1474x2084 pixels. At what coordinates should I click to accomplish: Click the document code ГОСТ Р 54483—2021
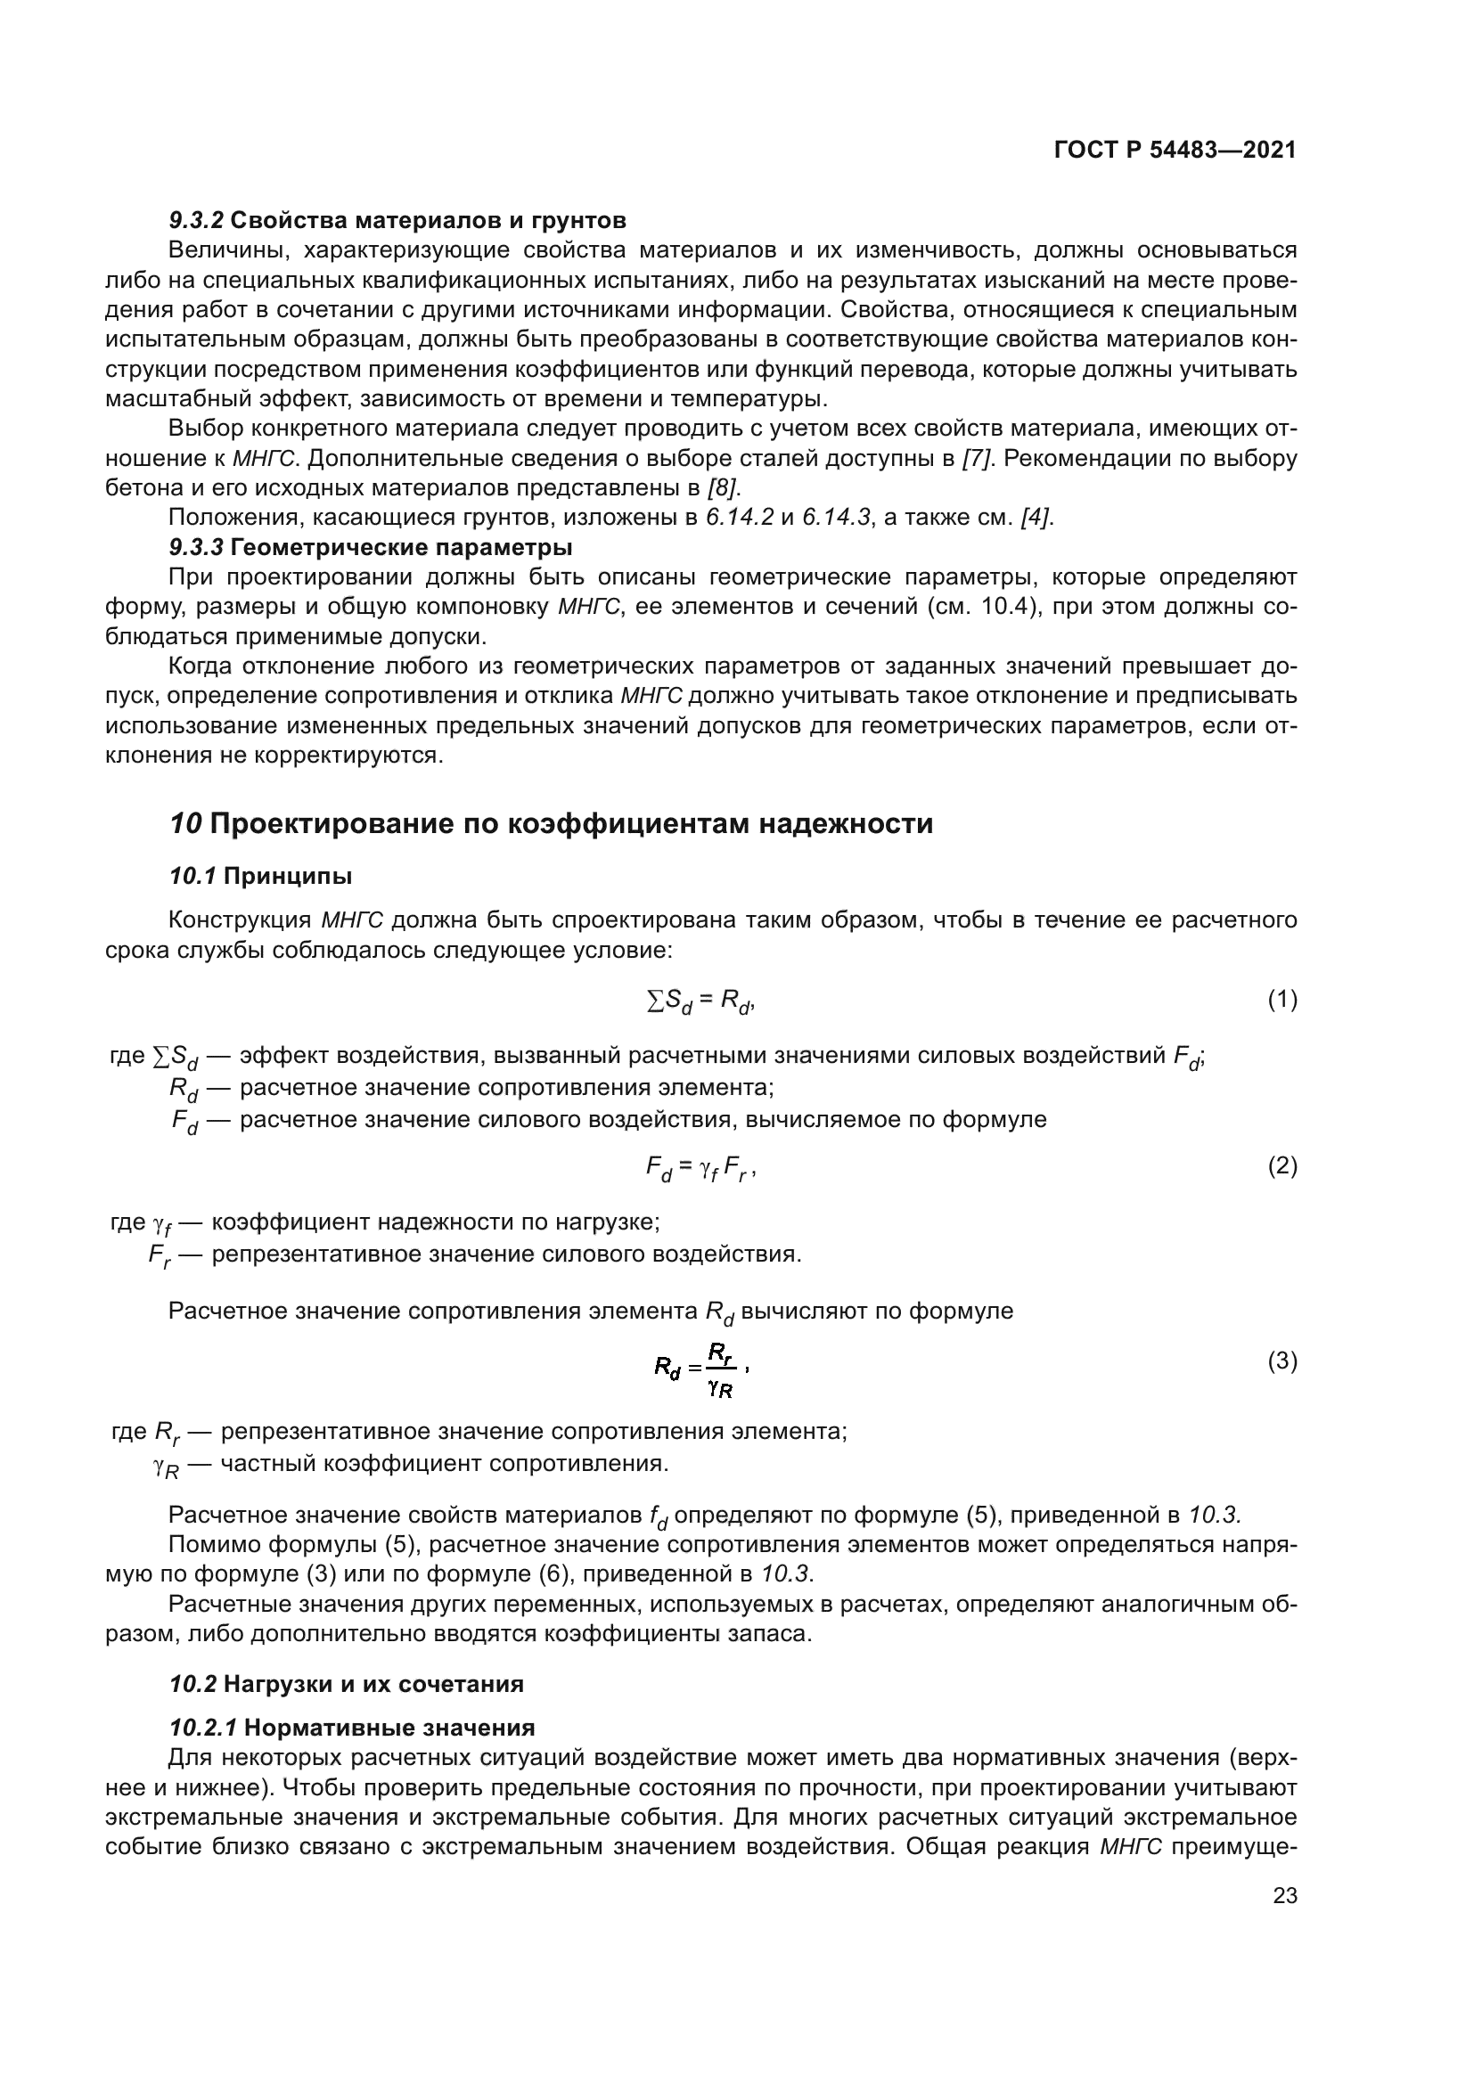point(1175,150)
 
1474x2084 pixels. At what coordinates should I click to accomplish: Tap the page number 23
point(1284,1895)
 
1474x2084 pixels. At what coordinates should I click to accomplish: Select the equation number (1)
point(1282,1000)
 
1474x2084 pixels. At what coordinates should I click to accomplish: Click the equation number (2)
point(1282,1165)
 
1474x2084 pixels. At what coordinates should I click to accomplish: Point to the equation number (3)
point(1282,1361)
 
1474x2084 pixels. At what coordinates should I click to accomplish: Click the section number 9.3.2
point(196,221)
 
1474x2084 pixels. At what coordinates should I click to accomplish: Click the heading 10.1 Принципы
point(260,876)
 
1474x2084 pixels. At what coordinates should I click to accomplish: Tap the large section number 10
point(186,823)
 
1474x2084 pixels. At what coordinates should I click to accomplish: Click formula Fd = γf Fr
point(699,1168)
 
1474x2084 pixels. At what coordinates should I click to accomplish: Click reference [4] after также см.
point(1036,519)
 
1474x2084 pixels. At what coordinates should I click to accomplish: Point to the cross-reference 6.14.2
point(740,519)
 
